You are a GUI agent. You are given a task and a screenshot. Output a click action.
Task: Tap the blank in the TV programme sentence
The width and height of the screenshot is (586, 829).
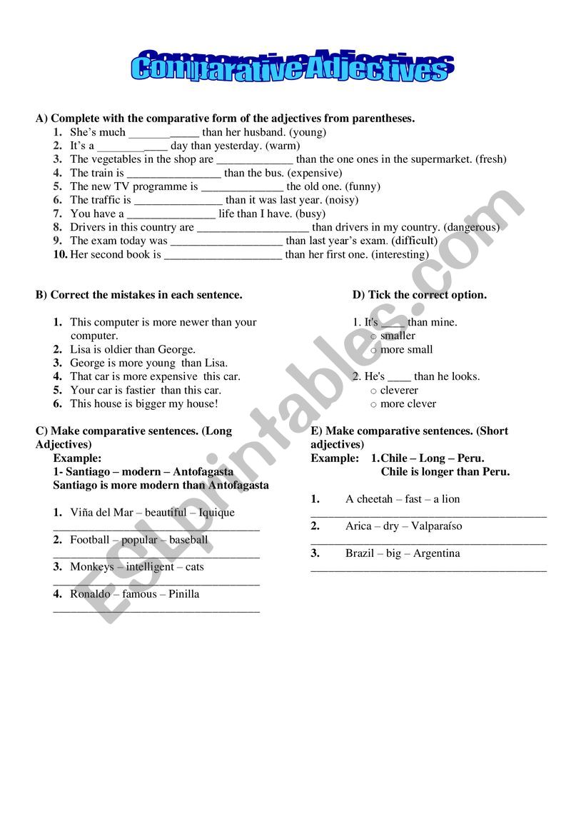242,187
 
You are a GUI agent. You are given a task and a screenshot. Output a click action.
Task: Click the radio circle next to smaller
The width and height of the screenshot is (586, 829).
373,336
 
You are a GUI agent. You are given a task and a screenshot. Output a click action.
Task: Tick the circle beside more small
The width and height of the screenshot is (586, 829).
373,350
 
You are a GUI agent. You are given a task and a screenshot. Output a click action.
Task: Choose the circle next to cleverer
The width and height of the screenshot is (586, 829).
373,391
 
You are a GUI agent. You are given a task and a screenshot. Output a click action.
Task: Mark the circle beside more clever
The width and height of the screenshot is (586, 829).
373,404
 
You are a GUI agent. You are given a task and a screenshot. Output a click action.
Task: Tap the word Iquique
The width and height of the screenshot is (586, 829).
216,512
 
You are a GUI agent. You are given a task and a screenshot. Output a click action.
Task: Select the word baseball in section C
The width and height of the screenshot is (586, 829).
188,540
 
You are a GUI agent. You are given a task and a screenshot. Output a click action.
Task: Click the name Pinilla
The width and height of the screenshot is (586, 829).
184,594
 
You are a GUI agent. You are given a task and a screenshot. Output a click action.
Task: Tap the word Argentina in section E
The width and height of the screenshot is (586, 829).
437,553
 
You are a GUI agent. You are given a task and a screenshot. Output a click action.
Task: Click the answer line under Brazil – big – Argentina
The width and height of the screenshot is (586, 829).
429,570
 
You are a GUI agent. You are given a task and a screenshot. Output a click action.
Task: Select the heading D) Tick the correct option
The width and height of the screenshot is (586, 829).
419,295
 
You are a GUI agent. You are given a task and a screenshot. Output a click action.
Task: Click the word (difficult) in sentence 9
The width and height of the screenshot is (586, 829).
414,241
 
